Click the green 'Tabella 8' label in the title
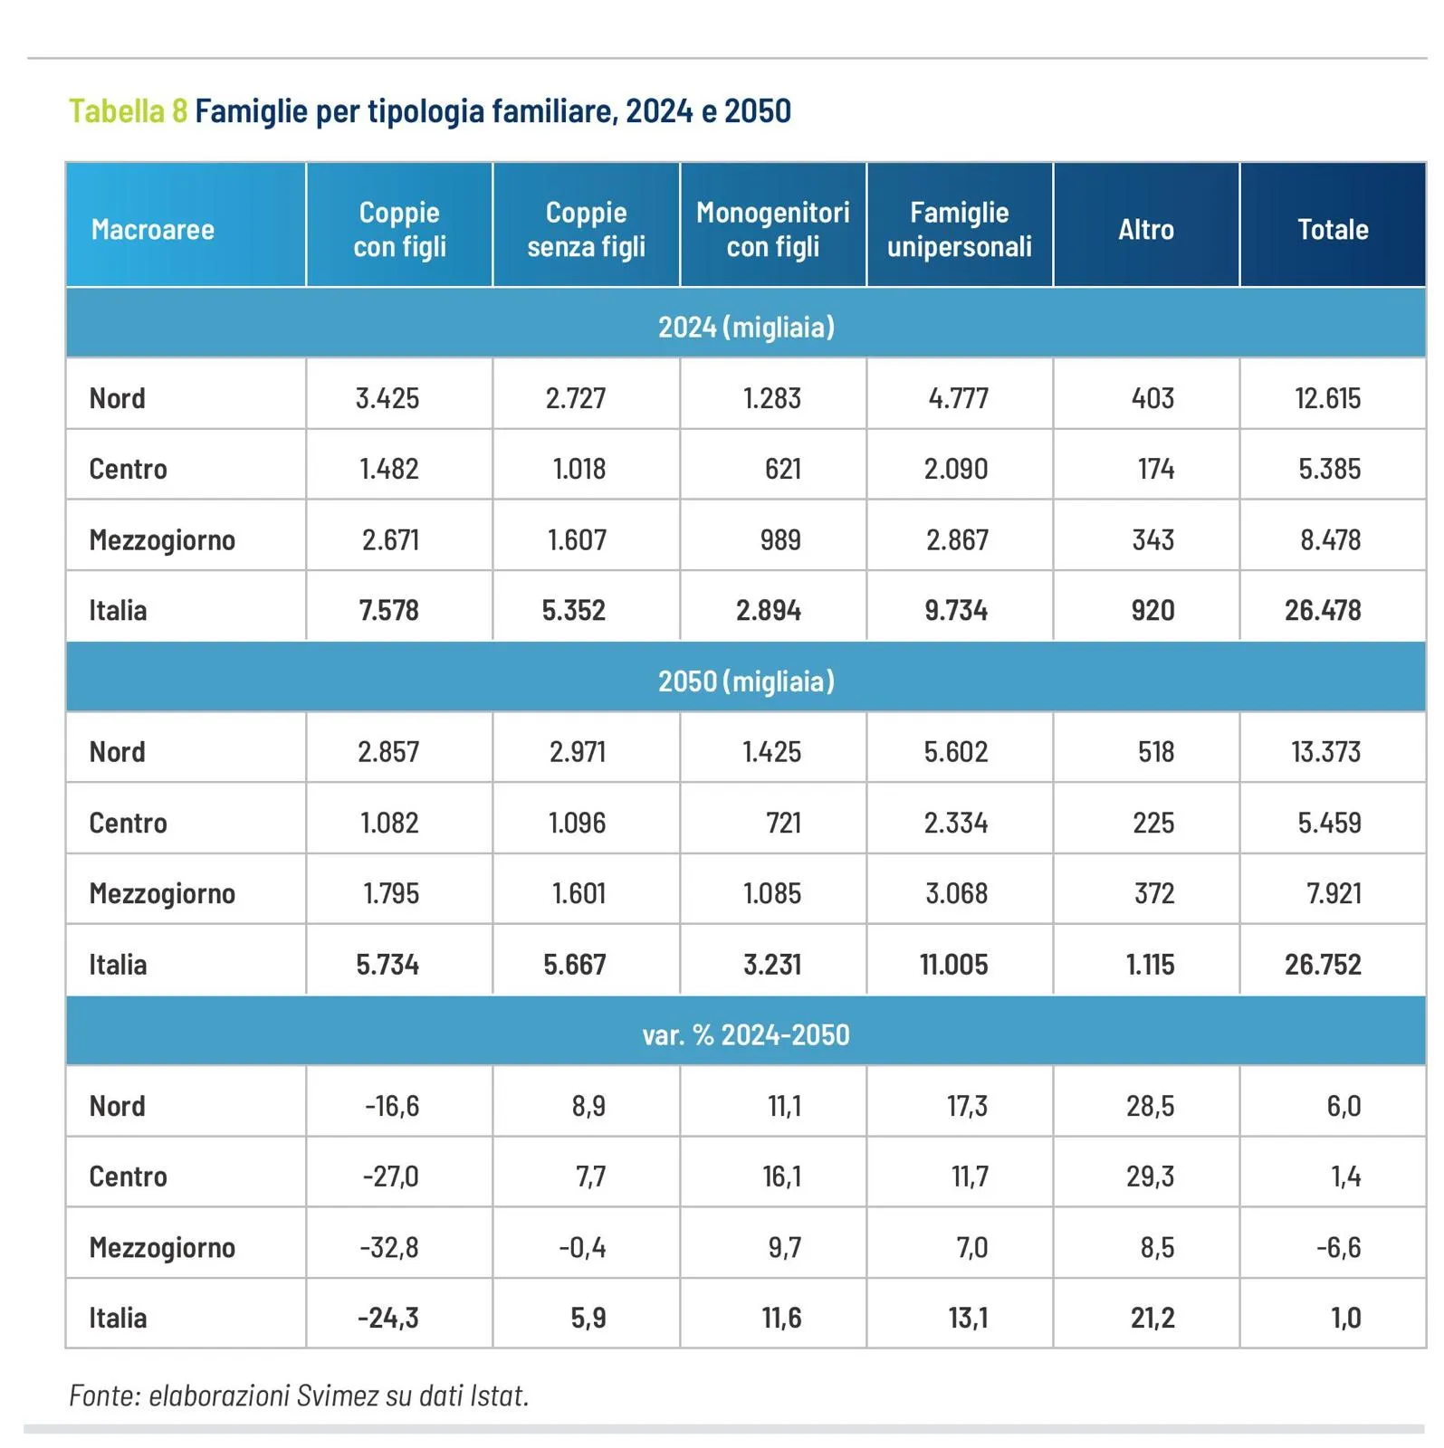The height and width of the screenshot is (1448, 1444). [128, 111]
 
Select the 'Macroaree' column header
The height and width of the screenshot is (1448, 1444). [152, 230]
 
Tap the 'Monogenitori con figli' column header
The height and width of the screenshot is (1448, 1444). [772, 229]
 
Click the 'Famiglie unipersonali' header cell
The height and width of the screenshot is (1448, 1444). [959, 229]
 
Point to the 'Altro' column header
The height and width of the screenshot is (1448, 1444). [1145, 230]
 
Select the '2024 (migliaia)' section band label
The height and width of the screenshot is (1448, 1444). [746, 327]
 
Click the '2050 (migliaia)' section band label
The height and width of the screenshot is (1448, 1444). [746, 681]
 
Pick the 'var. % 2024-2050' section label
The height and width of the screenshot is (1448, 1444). [746, 1034]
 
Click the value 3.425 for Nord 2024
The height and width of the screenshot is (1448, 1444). [387, 398]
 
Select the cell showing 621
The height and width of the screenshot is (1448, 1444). [782, 469]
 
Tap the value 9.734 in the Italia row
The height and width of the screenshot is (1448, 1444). [956, 610]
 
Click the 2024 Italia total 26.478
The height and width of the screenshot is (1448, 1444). [1323, 610]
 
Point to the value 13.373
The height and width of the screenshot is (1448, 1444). [1325, 752]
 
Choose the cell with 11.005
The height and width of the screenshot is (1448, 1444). [954, 965]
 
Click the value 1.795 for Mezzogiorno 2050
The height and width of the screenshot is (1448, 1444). [391, 894]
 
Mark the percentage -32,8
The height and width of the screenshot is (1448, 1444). [389, 1248]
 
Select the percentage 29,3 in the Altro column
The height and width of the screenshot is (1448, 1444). [1150, 1176]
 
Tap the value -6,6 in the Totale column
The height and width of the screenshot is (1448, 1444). [1338, 1248]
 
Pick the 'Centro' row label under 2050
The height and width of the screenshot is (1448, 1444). [128, 823]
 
